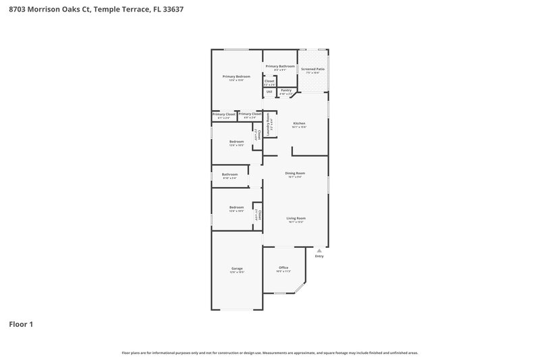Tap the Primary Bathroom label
point(279,66)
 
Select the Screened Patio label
point(313,69)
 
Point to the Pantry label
point(286,90)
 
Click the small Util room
point(269,91)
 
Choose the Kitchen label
point(299,123)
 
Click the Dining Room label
point(296,173)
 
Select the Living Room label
point(296,218)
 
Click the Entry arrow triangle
point(319,250)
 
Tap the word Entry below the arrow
point(319,256)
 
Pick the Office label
point(283,268)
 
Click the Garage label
point(236,269)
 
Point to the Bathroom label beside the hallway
point(230,175)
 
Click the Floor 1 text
point(21,324)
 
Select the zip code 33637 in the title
point(173,9)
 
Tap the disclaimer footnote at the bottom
point(270,353)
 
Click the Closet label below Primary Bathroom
point(269,81)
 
